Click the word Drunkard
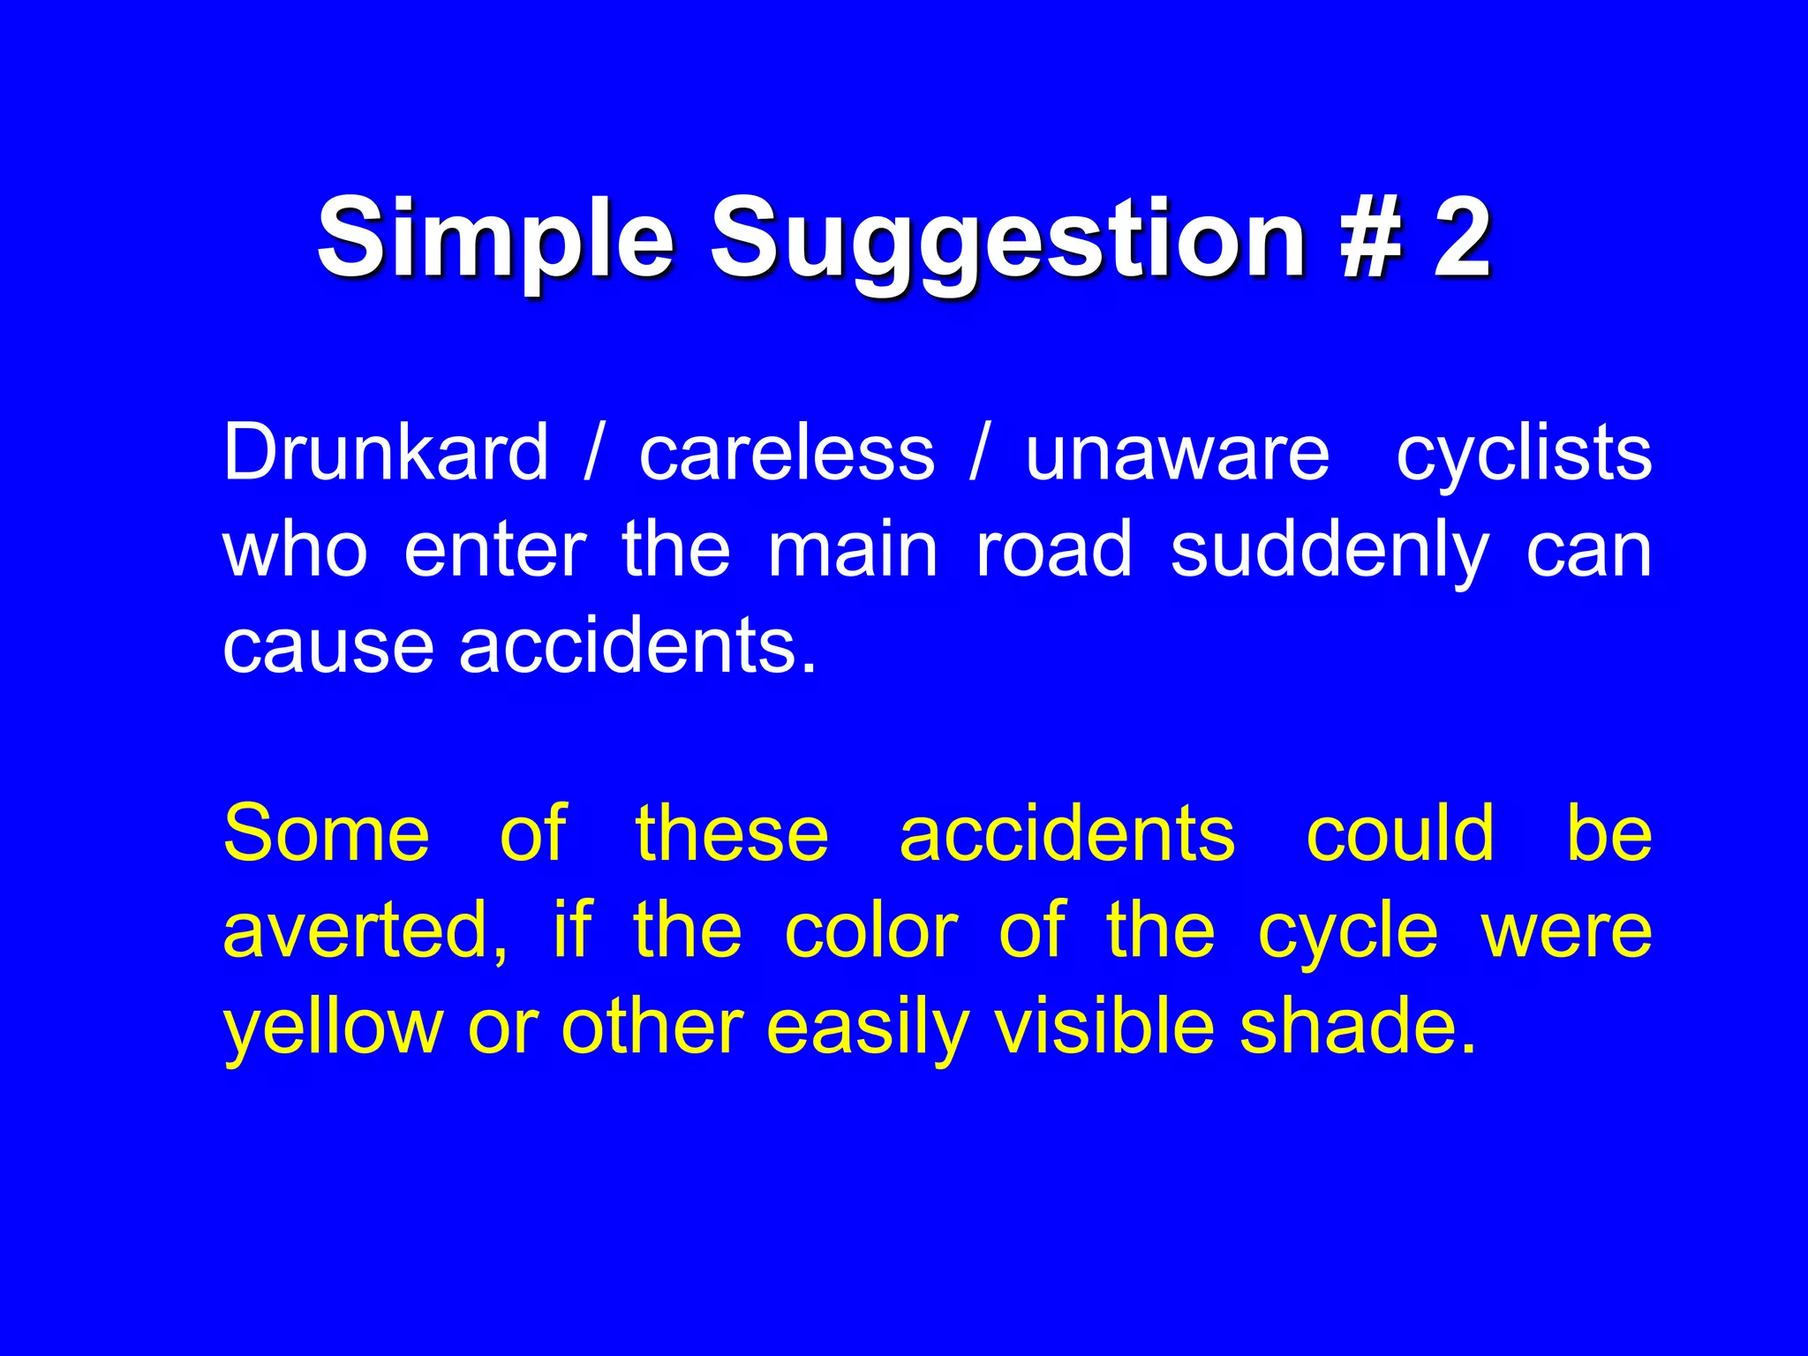(x=386, y=453)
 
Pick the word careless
(x=787, y=453)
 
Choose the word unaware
(x=1177, y=453)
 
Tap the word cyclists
(x=1524, y=453)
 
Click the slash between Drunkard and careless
(x=593, y=453)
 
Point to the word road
(x=1054, y=549)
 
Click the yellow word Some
(x=327, y=833)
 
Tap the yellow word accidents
(x=1067, y=833)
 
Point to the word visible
(x=1104, y=1028)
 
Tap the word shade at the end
(x=1358, y=1028)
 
